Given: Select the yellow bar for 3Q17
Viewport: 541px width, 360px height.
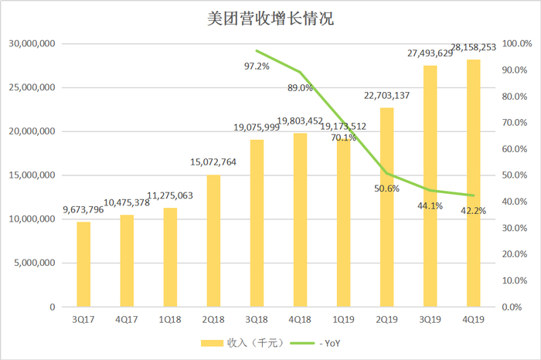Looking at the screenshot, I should coord(83,264).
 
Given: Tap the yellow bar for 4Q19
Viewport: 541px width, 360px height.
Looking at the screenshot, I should coord(473,183).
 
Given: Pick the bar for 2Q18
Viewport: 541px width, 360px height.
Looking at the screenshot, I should coord(213,241).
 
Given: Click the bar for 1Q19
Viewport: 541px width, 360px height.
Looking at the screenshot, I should coord(343,223).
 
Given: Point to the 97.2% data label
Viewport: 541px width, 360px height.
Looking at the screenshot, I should coord(256,66).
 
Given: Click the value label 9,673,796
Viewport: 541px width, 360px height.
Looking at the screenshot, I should coord(83,208).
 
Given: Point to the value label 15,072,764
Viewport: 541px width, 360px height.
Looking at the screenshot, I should coord(213,161).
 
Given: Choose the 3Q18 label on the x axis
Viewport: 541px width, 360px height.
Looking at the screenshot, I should coord(257,318).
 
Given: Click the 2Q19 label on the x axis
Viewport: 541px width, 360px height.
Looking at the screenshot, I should coord(386,318).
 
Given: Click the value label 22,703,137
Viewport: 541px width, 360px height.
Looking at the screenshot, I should coord(386,96).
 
